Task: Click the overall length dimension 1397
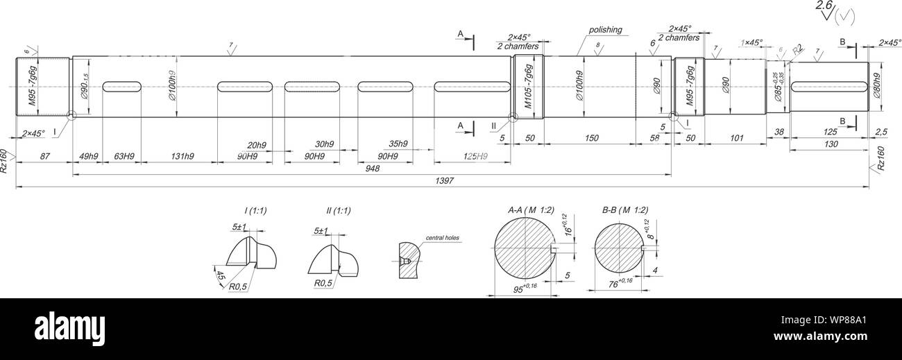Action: (444, 181)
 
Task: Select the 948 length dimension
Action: (372, 169)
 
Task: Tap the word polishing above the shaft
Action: (605, 30)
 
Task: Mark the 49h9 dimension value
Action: (88, 156)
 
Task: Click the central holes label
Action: (442, 237)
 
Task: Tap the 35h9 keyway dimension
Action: (398, 144)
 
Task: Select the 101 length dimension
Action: (737, 139)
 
